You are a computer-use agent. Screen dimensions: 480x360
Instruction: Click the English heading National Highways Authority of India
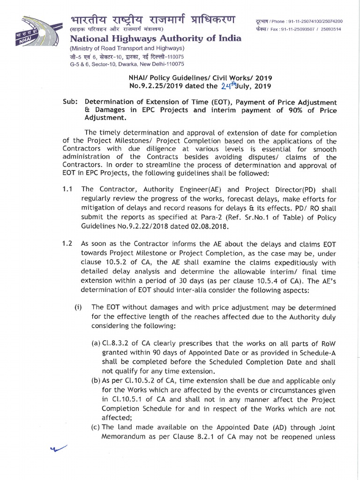(x=156, y=39)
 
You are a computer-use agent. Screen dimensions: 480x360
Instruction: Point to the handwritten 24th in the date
(x=230, y=85)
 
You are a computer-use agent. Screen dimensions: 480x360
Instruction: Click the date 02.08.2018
(x=206, y=226)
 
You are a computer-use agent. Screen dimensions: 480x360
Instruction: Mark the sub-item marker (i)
(x=78, y=307)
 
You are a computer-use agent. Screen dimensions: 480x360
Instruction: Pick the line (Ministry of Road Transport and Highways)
(x=127, y=49)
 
